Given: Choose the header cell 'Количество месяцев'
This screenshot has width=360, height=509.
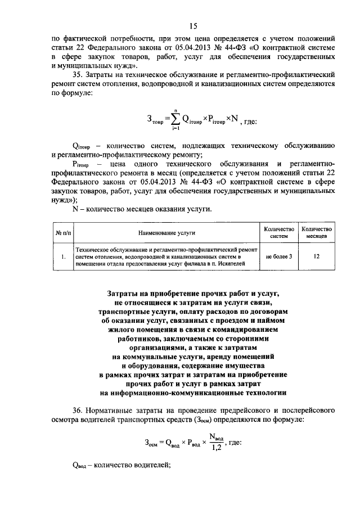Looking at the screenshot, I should (x=316, y=232).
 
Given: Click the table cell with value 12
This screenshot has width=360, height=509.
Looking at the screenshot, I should (x=316, y=256).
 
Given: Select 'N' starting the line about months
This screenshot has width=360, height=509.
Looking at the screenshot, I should (x=76, y=209).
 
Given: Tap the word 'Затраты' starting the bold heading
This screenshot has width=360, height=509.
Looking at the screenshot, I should (x=124, y=293).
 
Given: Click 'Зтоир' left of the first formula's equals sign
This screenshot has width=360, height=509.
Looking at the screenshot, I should (x=156, y=120).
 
